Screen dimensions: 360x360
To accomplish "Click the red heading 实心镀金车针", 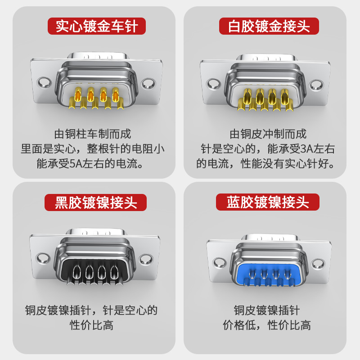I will pos(97,26).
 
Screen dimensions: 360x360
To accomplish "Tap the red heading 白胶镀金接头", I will pos(269,26).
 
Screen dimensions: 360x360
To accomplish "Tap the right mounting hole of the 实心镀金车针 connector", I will pos(148,84).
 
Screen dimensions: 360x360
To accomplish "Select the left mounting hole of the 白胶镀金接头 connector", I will pos(214,84).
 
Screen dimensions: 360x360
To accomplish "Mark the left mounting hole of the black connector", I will pos(43,257).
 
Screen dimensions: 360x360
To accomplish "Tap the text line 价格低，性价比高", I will pos(267,325).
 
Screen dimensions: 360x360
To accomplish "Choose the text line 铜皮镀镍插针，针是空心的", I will pos(91,310).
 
